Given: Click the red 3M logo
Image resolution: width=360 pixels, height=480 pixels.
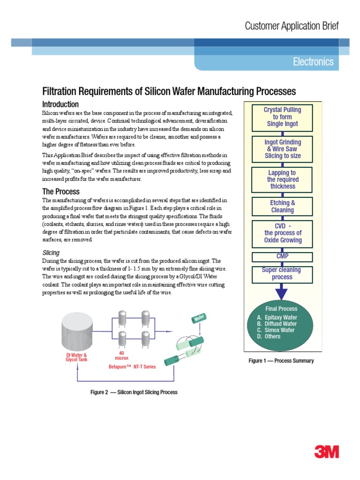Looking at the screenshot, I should point(327,452).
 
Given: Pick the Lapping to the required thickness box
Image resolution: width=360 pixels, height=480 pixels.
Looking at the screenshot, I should point(282,180).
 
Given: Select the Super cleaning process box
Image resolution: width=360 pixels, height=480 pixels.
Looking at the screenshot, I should point(282,274).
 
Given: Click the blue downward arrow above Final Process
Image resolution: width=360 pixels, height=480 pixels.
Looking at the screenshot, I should point(281,293).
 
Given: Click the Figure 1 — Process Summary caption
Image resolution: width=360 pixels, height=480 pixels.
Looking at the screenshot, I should point(281,361).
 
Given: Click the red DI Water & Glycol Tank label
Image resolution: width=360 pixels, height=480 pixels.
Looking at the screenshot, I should point(76,358).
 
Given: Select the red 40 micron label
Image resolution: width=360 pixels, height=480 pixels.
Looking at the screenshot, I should point(121,356).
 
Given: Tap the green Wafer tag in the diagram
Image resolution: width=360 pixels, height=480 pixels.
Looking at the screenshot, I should point(198,319).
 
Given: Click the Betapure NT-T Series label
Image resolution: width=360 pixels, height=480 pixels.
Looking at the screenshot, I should point(132,367).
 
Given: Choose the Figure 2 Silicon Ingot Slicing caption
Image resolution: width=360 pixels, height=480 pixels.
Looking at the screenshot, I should point(134,392).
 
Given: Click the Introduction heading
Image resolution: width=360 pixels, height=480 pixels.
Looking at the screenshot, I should point(60,105).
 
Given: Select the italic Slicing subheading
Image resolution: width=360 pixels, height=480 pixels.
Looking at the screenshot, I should point(51,253).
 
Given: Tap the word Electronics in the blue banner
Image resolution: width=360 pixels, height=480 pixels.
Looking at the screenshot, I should point(313,62).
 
